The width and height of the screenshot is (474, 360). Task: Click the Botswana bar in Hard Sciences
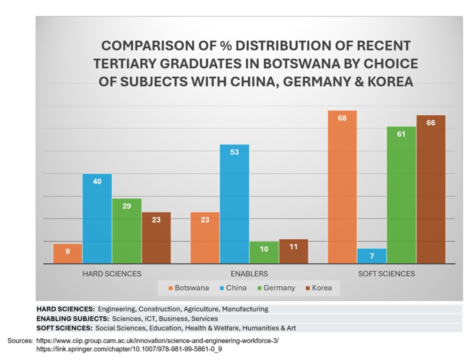click(67, 253)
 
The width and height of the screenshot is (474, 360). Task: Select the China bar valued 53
click(234, 204)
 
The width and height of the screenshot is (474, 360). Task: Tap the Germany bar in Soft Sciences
click(401, 195)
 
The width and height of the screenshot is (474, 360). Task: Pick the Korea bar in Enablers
click(293, 251)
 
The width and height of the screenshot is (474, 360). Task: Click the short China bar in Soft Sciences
click(371, 256)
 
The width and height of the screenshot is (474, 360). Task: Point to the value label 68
click(342, 118)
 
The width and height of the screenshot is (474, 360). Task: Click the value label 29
click(126, 206)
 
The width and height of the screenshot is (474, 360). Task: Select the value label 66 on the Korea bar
click(430, 123)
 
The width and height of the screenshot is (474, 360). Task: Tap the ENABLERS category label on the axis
click(249, 273)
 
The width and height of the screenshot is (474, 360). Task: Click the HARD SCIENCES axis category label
click(111, 273)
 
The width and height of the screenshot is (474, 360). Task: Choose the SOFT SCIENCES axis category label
click(386, 273)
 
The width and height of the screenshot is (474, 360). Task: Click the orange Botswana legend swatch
click(170, 288)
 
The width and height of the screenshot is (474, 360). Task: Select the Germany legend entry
click(276, 288)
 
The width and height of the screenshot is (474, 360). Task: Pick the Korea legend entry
click(318, 288)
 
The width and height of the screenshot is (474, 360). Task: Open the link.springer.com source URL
click(129, 348)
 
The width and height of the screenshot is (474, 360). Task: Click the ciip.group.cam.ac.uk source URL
click(157, 340)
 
